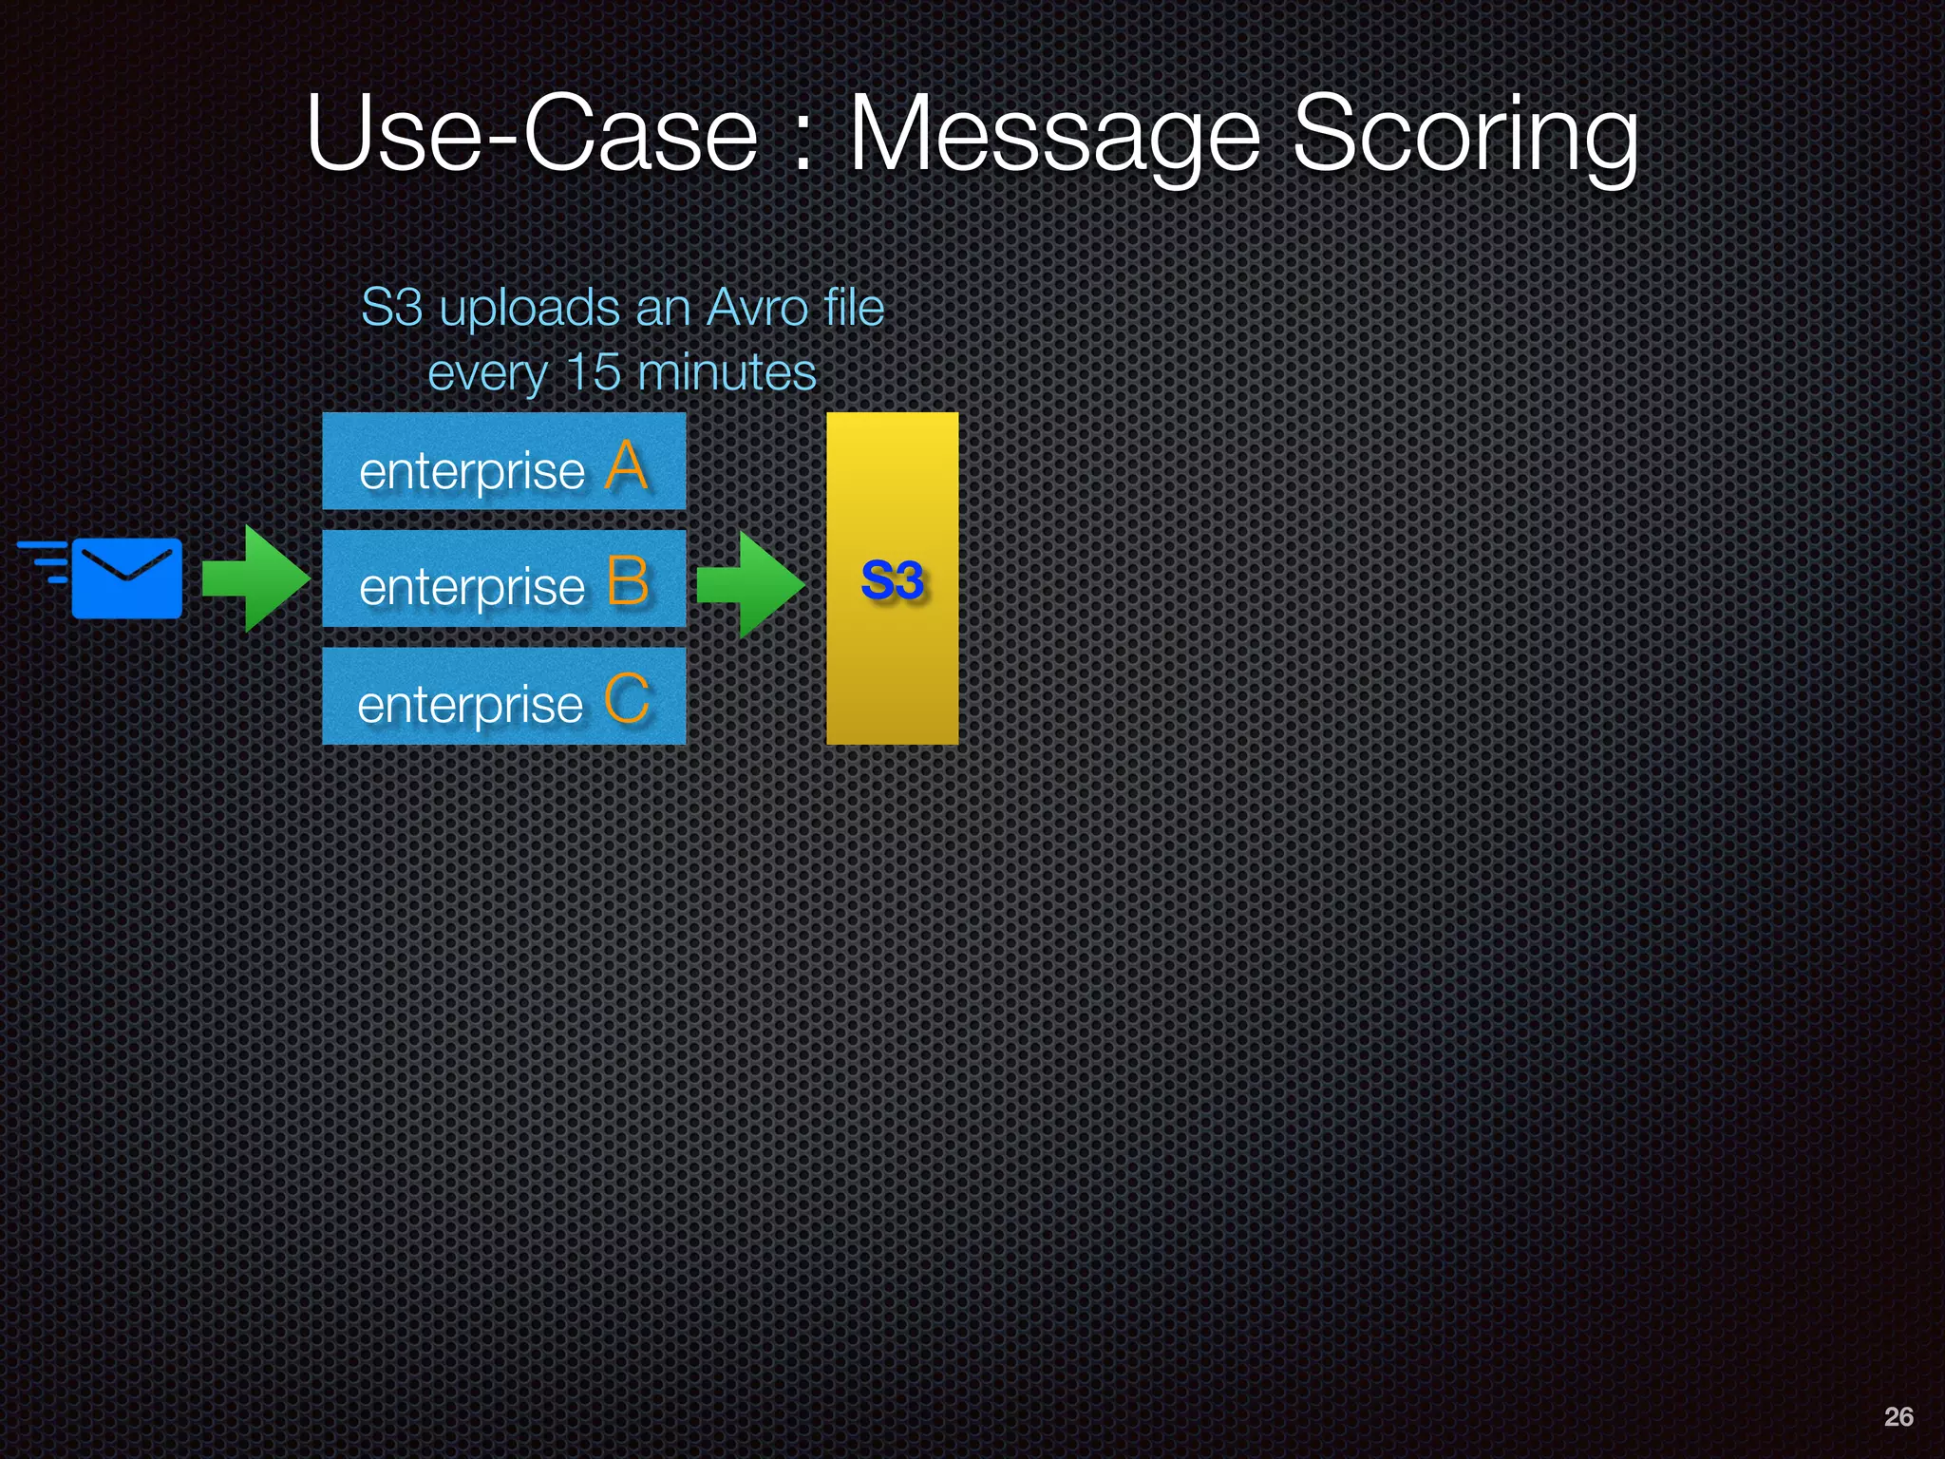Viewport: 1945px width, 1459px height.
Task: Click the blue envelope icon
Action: point(125,578)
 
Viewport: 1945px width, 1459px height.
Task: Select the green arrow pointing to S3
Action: point(750,583)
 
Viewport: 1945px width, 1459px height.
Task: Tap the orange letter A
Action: point(627,466)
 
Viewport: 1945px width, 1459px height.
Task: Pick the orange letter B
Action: point(627,581)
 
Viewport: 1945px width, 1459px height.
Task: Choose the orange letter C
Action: point(627,699)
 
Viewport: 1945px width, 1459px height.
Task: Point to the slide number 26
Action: point(1898,1416)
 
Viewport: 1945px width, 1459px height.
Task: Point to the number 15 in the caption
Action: point(593,371)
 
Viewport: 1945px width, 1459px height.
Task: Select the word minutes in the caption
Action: point(727,371)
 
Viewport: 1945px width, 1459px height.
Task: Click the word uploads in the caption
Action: point(529,310)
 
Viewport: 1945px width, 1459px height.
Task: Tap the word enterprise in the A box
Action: point(471,471)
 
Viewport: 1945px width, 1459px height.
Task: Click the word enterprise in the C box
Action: point(469,705)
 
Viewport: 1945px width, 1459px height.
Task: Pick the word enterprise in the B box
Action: point(471,587)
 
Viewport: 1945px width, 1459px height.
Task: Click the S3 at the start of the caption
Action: point(391,308)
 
